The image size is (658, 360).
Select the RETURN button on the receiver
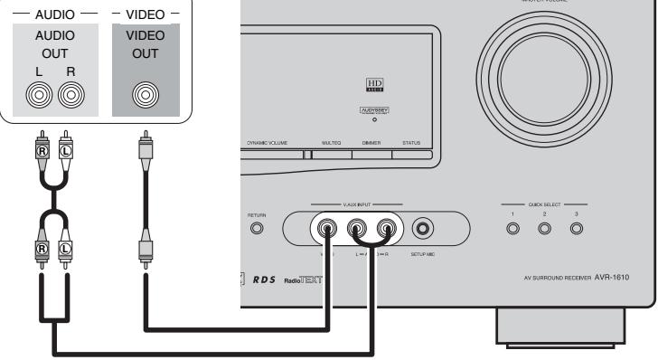tap(257, 229)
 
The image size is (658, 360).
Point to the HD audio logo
tap(371, 86)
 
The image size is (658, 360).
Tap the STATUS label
tap(411, 142)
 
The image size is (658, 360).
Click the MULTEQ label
tap(330, 142)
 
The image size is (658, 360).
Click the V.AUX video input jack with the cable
tap(328, 229)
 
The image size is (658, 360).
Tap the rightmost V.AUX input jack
tap(388, 229)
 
